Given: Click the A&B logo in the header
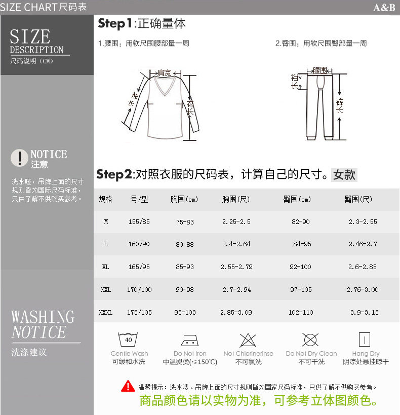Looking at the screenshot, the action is click(x=384, y=8).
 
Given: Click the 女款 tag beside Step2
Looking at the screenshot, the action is click(x=344, y=175).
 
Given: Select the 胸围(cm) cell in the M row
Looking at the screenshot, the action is click(x=185, y=222).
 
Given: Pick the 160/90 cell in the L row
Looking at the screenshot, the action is click(x=139, y=244).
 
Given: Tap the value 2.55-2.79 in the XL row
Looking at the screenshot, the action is click(x=236, y=267).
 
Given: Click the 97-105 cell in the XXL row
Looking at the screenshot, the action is click(x=301, y=289).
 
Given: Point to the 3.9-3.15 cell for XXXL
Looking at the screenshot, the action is click(x=364, y=312).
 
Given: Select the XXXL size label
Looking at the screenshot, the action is click(x=105, y=312).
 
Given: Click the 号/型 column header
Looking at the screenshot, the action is click(x=139, y=199).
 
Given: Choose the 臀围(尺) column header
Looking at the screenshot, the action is click(x=358, y=199).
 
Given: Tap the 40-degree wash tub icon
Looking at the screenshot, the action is click(x=128, y=339).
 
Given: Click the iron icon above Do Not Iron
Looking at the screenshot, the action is click(x=190, y=341).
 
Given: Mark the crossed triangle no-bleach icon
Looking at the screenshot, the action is click(x=248, y=340).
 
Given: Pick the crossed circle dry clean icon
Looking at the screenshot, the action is click(x=310, y=340).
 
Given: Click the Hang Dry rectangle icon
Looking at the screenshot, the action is click(x=364, y=339).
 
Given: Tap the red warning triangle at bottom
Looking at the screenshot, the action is click(x=128, y=386).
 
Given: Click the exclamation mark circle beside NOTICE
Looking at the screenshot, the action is click(x=19, y=158).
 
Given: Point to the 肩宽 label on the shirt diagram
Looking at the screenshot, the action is click(x=165, y=73).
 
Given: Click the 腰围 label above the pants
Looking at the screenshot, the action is click(x=320, y=70).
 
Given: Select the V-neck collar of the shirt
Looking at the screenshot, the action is click(x=165, y=86).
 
